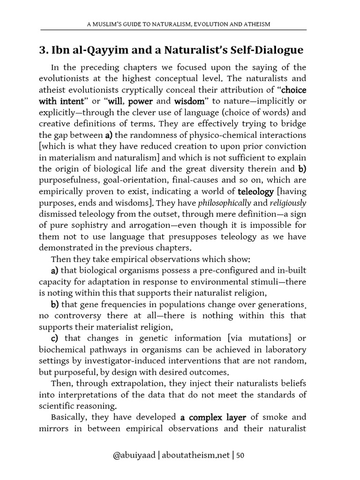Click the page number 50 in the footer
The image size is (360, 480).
[240, 456]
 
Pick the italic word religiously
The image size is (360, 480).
[287, 203]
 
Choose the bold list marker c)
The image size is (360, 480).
[56, 338]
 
